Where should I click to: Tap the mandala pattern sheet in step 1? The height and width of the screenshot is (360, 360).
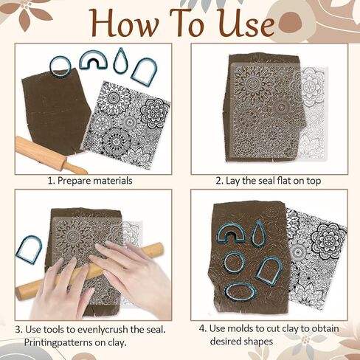[127, 122]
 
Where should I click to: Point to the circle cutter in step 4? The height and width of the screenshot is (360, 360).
[226, 262]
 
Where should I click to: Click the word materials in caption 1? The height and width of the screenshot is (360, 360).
[113, 181]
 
